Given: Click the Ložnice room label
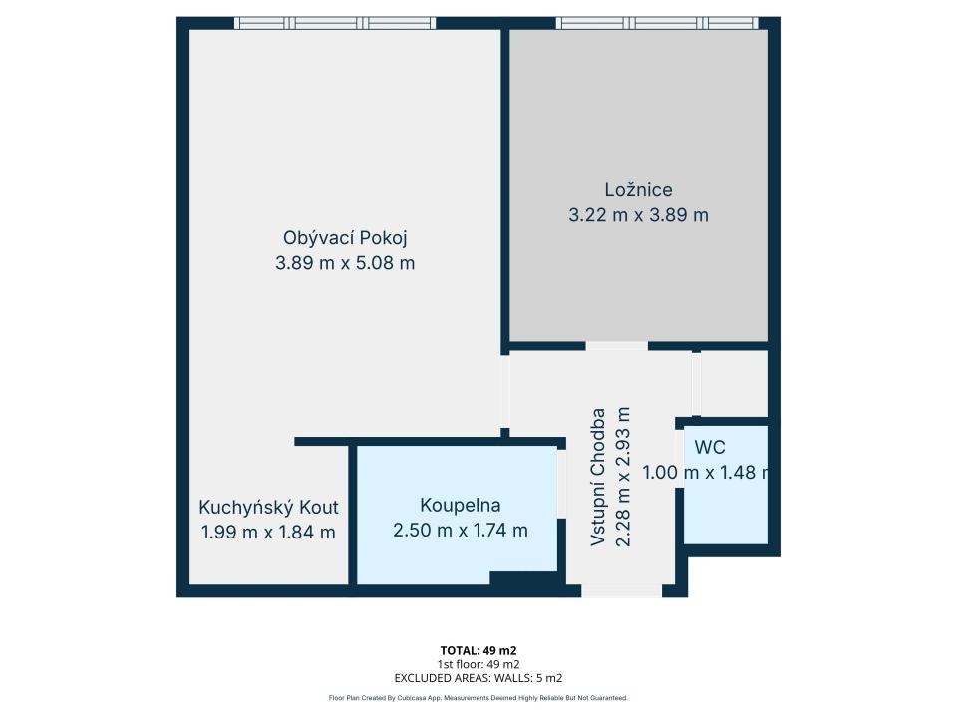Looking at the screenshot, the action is pyautogui.click(x=638, y=189).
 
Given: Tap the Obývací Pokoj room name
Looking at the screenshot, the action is pyautogui.click(x=345, y=238).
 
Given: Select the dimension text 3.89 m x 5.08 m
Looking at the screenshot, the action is pyautogui.click(x=345, y=263).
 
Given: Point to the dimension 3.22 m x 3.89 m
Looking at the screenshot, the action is pyautogui.click(x=638, y=215).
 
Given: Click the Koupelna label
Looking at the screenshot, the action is pyautogui.click(x=461, y=505).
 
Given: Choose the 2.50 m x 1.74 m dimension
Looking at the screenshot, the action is pyautogui.click(x=461, y=530).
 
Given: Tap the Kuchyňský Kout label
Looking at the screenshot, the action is pyautogui.click(x=268, y=508).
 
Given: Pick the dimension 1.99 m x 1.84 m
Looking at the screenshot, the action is pyautogui.click(x=268, y=533).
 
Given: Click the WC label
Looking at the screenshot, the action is pyautogui.click(x=710, y=447).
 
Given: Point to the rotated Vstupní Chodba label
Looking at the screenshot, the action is pyautogui.click(x=598, y=477).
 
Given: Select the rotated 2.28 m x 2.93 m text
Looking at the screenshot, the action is pyautogui.click(x=623, y=477).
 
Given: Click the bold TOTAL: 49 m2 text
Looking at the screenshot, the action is pyautogui.click(x=478, y=651).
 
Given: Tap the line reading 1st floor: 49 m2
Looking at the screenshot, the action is pyautogui.click(x=478, y=664).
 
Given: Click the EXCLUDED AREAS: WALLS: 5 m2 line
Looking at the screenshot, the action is pyautogui.click(x=478, y=678).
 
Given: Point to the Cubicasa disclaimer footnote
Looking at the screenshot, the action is pyautogui.click(x=478, y=698).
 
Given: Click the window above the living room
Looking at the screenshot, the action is pyautogui.click(x=335, y=23).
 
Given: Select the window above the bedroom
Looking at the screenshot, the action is pyautogui.click(x=657, y=23).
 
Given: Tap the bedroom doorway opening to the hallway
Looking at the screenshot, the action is pyautogui.click(x=616, y=346).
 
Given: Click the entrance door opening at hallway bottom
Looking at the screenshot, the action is pyautogui.click(x=621, y=590).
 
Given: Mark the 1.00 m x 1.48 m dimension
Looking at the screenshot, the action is pyautogui.click(x=707, y=472).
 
